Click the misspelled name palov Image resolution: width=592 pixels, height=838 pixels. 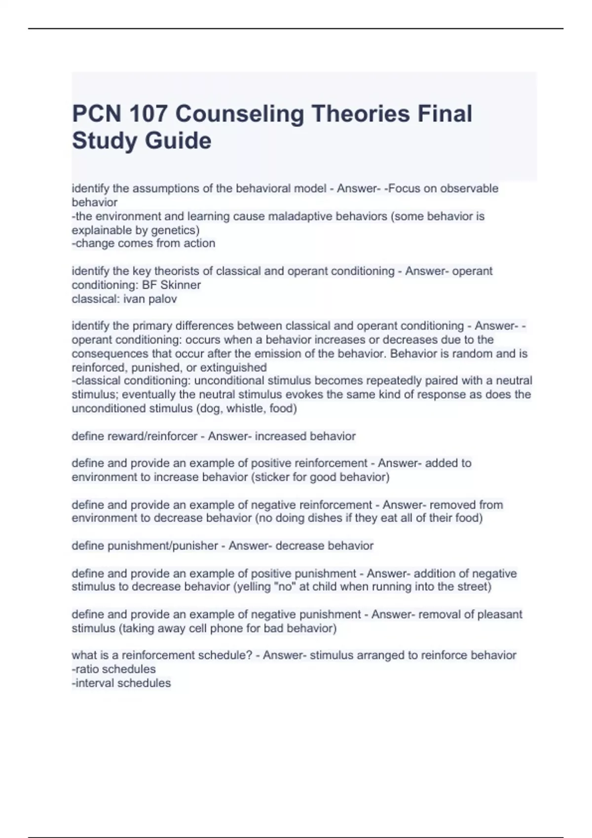point(162,299)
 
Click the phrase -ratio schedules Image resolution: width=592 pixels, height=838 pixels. point(113,669)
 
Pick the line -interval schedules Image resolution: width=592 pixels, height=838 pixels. point(121,683)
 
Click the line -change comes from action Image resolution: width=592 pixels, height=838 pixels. point(144,244)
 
